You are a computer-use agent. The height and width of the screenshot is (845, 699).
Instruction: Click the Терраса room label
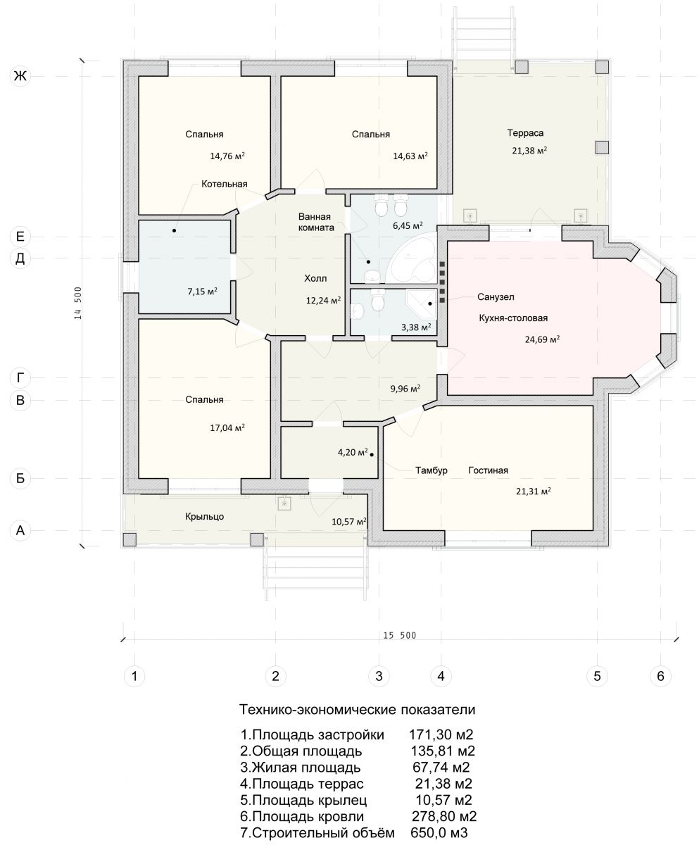point(525,133)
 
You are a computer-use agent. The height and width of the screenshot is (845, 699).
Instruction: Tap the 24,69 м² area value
point(542,339)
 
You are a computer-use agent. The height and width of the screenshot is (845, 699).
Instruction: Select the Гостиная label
point(488,470)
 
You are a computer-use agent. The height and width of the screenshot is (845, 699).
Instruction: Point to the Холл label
point(315,278)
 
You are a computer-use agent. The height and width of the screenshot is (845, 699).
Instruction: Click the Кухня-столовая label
point(513,318)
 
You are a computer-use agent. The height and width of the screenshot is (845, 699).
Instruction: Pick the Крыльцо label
point(204,517)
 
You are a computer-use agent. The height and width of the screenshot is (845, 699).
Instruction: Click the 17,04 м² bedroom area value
point(227,427)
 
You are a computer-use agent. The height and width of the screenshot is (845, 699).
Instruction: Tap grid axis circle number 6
point(660,676)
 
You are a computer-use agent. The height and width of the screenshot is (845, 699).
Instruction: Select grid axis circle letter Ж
point(20,75)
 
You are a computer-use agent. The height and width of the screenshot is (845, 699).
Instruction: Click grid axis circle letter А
point(20,530)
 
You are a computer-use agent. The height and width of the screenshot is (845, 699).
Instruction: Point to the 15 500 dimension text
point(400,635)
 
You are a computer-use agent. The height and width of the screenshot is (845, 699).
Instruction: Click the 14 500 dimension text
point(77,303)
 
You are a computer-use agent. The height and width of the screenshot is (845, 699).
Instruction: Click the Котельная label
point(224,184)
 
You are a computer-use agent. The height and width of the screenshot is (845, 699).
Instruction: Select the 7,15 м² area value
point(202,292)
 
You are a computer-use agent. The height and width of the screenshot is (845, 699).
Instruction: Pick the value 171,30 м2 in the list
point(441,734)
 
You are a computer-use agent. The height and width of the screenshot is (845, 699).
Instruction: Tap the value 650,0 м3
point(439,832)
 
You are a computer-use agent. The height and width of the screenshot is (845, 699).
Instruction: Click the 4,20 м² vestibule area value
point(353,452)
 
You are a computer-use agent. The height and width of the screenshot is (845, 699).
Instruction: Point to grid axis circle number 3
point(379,676)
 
